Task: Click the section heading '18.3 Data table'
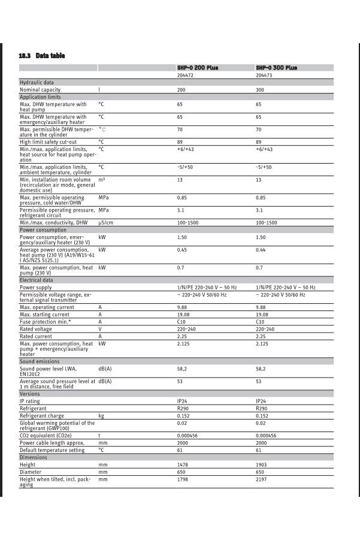[42, 56]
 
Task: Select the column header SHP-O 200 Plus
[198, 68]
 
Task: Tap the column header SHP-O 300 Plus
[276, 68]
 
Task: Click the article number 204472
[186, 76]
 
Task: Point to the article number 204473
[264, 76]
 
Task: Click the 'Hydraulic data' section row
[37, 83]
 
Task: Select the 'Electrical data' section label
[37, 280]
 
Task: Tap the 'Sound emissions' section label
[40, 361]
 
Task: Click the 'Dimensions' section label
[34, 457]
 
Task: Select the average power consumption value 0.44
[261, 250]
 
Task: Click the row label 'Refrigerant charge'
[42, 415]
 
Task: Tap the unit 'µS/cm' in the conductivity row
[106, 223]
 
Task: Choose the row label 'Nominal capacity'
[40, 90]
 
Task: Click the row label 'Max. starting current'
[44, 314]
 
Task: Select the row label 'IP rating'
[30, 401]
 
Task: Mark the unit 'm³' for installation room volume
[102, 180]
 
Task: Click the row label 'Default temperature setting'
[52, 450]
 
